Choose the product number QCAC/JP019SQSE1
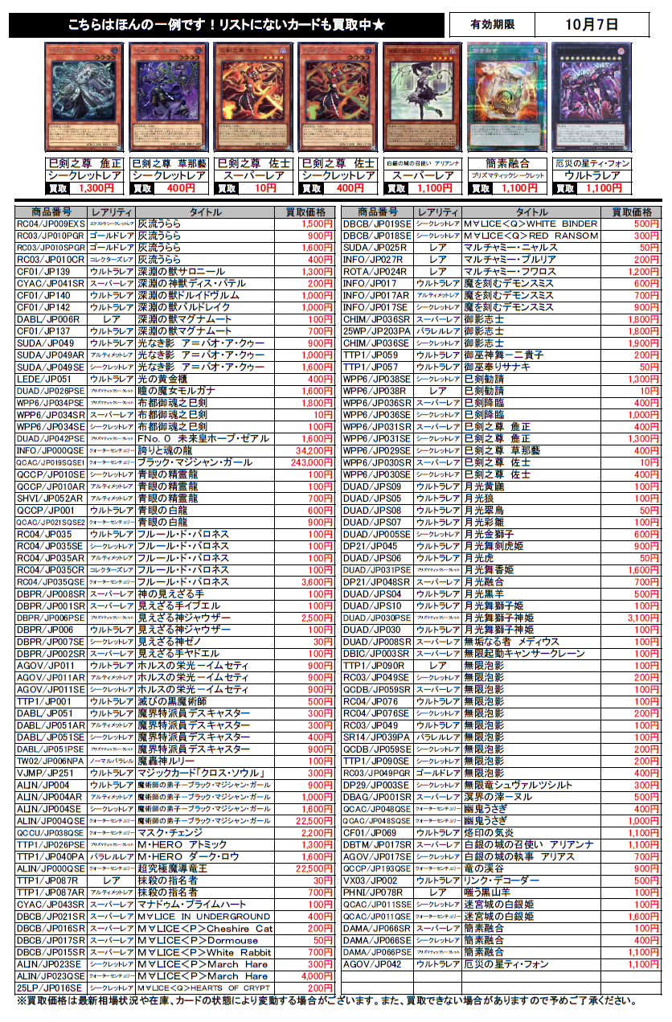tap(51, 462)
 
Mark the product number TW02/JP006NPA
tap(51, 761)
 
